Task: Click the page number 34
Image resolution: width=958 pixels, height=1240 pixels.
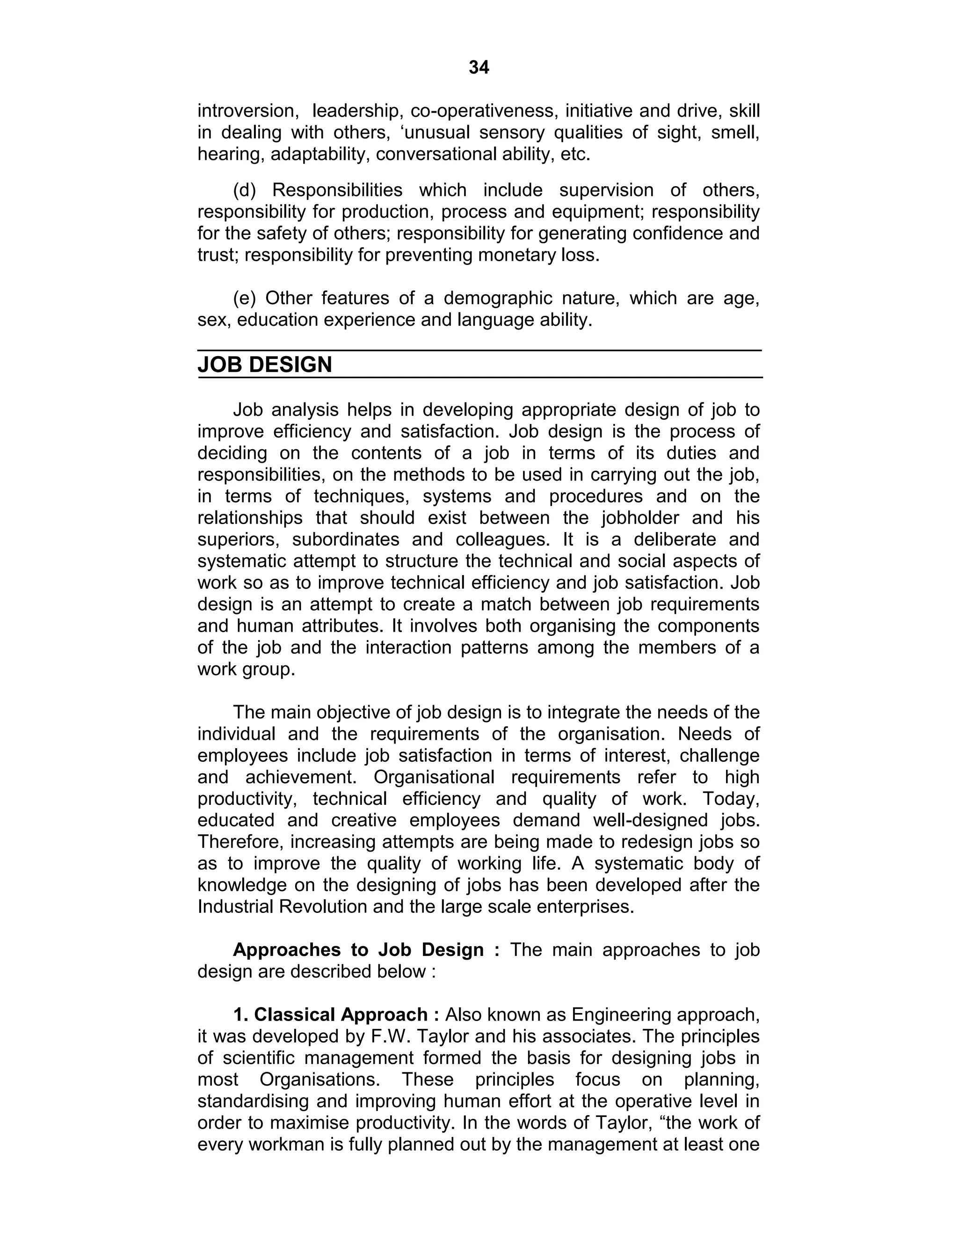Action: tap(479, 67)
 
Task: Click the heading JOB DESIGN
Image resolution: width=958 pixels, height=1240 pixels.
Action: tap(264, 365)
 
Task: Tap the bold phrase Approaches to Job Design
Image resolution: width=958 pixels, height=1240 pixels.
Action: tap(358, 950)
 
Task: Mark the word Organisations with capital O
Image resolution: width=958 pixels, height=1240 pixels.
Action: tap(320, 1080)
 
